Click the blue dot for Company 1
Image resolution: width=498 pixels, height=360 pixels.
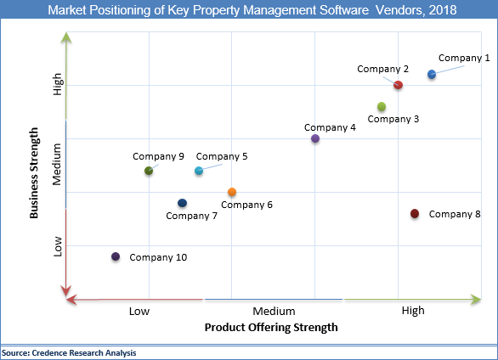tap(432, 75)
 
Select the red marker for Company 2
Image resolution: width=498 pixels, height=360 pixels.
tap(398, 85)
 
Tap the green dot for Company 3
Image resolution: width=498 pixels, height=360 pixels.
tap(382, 107)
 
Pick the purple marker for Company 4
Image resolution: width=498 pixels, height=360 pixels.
tap(315, 138)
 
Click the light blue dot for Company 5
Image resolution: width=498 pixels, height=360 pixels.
tap(199, 171)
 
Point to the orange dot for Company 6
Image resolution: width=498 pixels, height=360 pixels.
tap(232, 193)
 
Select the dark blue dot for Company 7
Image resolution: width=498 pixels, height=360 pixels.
tap(182, 203)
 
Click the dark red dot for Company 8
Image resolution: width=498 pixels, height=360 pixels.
tap(415, 214)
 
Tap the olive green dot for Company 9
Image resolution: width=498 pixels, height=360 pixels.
tap(149, 171)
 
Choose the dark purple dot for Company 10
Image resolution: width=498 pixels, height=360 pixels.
tap(116, 256)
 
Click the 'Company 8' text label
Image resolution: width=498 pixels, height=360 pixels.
tap(455, 214)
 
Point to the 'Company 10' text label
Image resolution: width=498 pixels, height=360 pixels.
tap(158, 257)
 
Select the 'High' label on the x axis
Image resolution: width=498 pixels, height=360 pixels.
tap(413, 311)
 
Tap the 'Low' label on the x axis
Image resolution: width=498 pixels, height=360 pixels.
tap(139, 311)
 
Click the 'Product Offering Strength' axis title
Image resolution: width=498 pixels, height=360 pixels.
tap(271, 327)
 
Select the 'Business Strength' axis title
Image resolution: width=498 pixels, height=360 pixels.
tap(35, 173)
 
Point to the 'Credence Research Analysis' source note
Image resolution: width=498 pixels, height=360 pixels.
tap(68, 352)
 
